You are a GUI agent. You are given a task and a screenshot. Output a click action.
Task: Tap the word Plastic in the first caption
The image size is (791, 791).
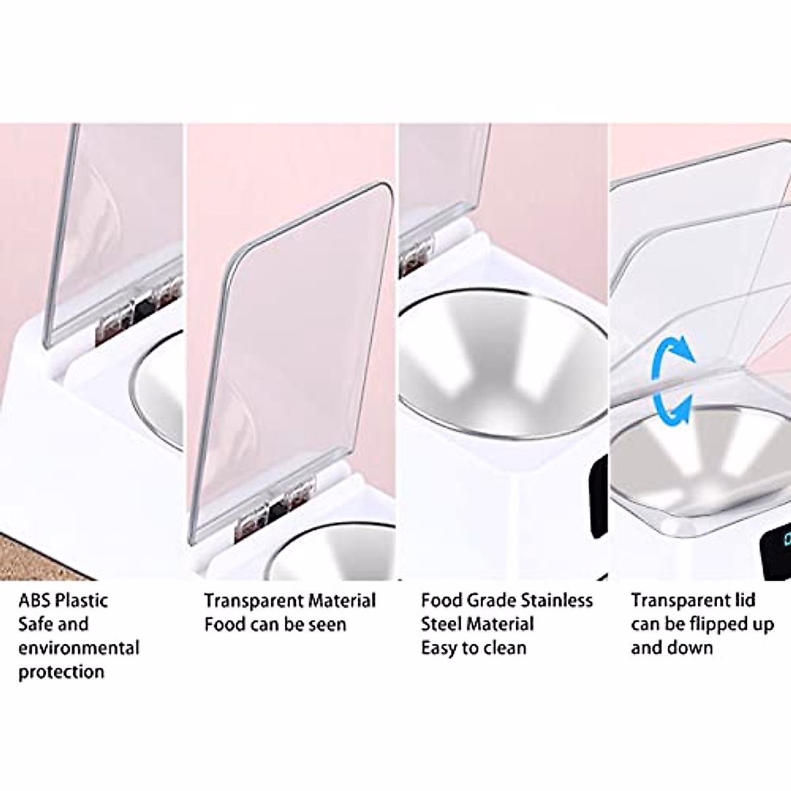(x=82, y=601)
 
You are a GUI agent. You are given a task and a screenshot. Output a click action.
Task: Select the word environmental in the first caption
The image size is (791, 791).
(x=79, y=648)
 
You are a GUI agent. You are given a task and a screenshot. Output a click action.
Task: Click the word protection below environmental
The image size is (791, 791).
(x=61, y=672)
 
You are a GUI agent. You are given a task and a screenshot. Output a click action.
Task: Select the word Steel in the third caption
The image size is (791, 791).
(x=444, y=624)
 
